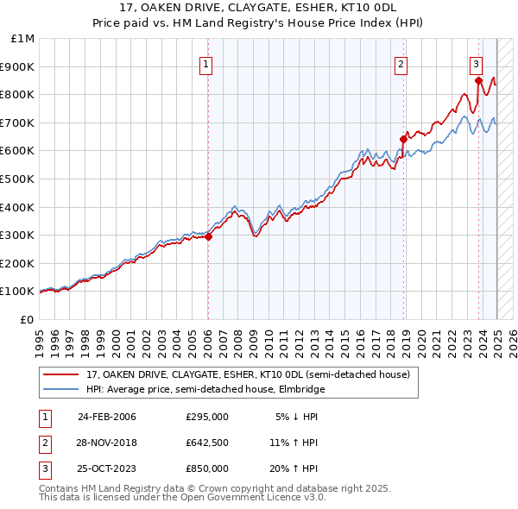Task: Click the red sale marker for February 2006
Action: (x=208, y=237)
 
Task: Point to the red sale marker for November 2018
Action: (x=403, y=139)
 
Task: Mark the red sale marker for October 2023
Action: (x=478, y=81)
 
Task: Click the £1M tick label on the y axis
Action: (x=23, y=39)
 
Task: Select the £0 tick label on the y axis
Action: (x=26, y=319)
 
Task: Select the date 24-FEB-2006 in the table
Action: (x=107, y=417)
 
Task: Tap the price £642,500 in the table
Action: (x=207, y=443)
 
